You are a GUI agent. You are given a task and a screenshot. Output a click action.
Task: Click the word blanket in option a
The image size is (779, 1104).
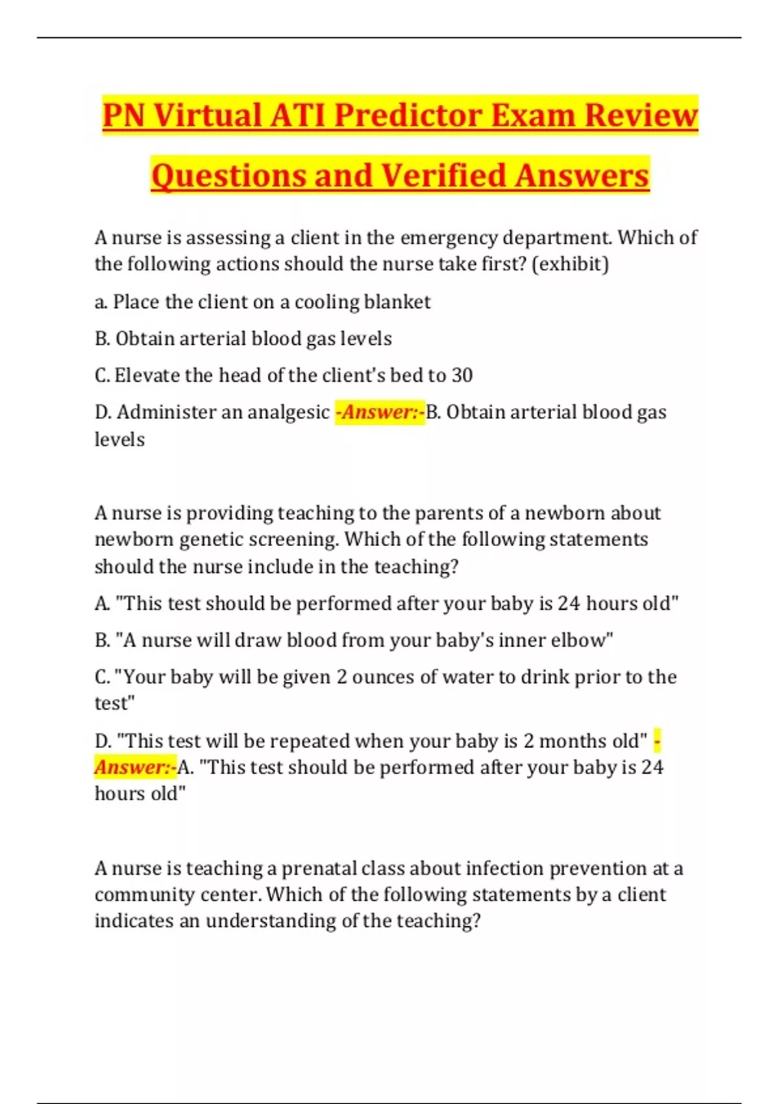tap(397, 302)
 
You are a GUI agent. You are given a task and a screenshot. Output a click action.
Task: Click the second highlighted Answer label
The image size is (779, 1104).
tap(135, 768)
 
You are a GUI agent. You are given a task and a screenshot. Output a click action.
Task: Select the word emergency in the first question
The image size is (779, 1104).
tap(449, 238)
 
